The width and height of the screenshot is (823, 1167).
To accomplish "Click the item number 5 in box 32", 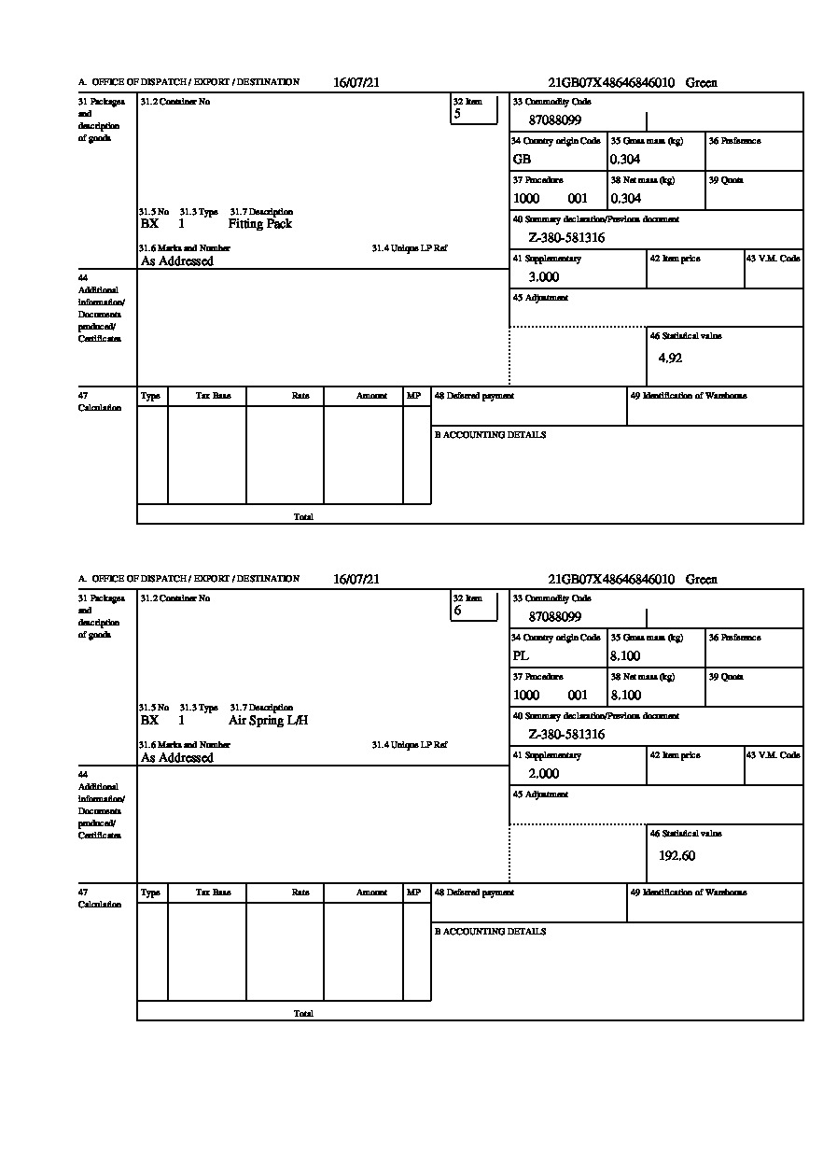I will tap(457, 114).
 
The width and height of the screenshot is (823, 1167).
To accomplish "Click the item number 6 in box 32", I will tap(457, 611).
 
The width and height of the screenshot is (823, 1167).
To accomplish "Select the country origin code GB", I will tap(522, 159).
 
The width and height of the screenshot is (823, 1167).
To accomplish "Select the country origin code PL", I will tap(521, 655).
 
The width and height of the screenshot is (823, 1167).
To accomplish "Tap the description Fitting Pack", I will tap(259, 224).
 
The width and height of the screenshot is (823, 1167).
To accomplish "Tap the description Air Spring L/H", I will tap(268, 721).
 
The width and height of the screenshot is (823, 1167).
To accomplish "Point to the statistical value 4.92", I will tap(670, 358).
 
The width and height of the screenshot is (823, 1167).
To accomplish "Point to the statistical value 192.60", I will tap(677, 855).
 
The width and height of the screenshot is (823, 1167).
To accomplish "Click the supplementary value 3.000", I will tap(543, 277).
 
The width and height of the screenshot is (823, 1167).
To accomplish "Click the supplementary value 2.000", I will tap(543, 774).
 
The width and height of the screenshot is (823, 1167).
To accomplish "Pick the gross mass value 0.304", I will tap(625, 159).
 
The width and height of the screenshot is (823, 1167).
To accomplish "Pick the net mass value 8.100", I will tap(625, 695).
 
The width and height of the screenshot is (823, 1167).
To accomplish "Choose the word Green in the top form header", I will tap(702, 83).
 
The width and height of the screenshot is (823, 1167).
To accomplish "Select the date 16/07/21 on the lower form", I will tap(356, 580).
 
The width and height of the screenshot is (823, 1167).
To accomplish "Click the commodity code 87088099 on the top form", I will tap(554, 120).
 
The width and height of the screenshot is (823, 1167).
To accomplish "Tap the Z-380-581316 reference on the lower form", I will tap(566, 735).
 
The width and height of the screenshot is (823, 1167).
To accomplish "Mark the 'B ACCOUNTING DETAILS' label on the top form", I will tap(490, 435).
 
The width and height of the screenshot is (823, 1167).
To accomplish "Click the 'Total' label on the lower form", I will tap(303, 1014).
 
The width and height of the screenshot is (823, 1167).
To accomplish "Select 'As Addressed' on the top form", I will tap(176, 261).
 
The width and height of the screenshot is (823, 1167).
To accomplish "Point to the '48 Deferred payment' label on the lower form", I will tap(474, 893).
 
